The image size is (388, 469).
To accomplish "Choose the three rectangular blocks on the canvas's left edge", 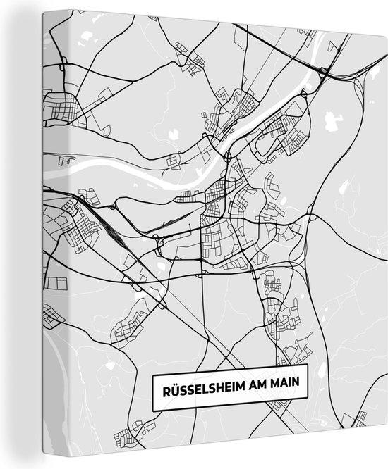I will click(x=54, y=284).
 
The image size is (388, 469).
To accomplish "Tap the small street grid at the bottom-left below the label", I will click(x=134, y=426).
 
